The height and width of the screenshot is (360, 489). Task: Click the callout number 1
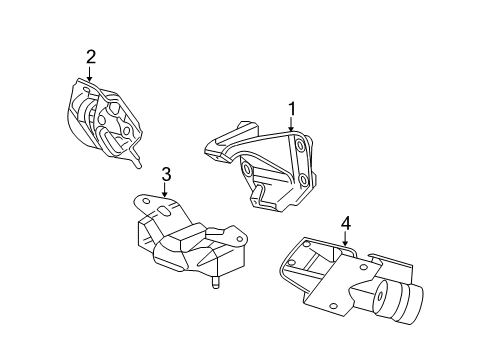(x=292, y=106)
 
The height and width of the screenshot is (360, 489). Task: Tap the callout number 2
(x=90, y=56)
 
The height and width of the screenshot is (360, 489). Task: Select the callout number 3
(x=166, y=174)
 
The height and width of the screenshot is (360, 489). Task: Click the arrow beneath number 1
(x=292, y=123)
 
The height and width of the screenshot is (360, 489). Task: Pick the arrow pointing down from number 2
(x=90, y=73)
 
